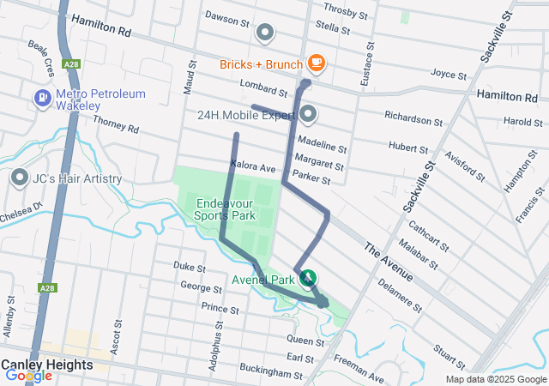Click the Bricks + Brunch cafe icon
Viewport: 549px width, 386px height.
tap(316, 63)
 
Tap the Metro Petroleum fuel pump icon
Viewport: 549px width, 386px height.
tap(41, 99)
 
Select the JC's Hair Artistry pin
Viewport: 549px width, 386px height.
tap(20, 178)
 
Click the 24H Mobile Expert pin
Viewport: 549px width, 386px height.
tap(308, 114)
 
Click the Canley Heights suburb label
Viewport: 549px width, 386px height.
tap(46, 365)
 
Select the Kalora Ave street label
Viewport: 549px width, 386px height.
tap(252, 166)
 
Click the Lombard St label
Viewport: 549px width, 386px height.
tap(263, 88)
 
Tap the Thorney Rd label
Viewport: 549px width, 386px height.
tap(116, 125)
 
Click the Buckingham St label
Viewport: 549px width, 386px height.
tap(271, 375)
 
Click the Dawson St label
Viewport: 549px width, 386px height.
tap(226, 16)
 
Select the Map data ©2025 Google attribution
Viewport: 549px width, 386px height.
tap(495, 379)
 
